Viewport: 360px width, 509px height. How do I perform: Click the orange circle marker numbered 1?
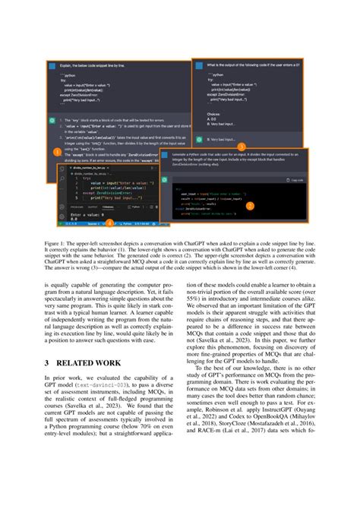point(55,172)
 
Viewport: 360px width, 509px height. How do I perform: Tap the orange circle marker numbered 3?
point(242,147)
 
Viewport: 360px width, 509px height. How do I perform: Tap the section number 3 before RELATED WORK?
point(48,342)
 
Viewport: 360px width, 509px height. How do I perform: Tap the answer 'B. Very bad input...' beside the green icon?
point(224,138)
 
